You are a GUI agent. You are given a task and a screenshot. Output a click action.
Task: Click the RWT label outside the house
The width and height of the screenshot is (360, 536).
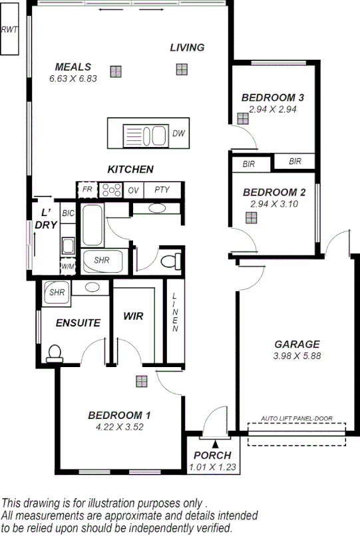click(9, 30)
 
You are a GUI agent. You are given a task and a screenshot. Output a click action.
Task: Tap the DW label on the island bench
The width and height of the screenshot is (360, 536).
click(178, 134)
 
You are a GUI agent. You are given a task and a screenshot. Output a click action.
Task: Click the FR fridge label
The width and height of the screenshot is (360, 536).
click(87, 190)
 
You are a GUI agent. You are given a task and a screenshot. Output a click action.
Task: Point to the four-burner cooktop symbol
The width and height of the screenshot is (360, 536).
click(110, 190)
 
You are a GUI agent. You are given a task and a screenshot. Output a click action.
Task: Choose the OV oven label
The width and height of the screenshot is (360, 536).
click(133, 190)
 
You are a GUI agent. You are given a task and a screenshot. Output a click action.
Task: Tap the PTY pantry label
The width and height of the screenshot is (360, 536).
click(162, 190)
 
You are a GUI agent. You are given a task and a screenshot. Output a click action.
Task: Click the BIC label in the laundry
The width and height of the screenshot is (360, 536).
click(67, 213)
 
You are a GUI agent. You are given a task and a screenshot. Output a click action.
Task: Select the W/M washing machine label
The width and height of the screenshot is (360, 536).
click(67, 266)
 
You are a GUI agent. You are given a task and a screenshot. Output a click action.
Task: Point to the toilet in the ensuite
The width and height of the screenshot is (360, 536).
click(54, 352)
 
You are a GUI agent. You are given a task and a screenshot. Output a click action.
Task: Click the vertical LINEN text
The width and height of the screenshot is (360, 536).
click(175, 312)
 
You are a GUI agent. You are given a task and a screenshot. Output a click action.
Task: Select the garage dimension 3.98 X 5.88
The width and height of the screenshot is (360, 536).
click(297, 356)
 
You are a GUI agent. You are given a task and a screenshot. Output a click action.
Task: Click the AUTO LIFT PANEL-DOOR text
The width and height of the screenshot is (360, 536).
click(296, 418)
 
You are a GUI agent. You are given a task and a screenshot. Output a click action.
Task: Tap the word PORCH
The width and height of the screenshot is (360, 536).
click(212, 456)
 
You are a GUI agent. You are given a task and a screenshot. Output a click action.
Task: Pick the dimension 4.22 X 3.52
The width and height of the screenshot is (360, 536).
click(119, 427)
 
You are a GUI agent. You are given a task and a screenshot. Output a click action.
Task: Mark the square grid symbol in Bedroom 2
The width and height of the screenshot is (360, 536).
click(250, 217)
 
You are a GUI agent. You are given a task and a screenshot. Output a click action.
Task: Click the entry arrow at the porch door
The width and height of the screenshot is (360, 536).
click(214, 444)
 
